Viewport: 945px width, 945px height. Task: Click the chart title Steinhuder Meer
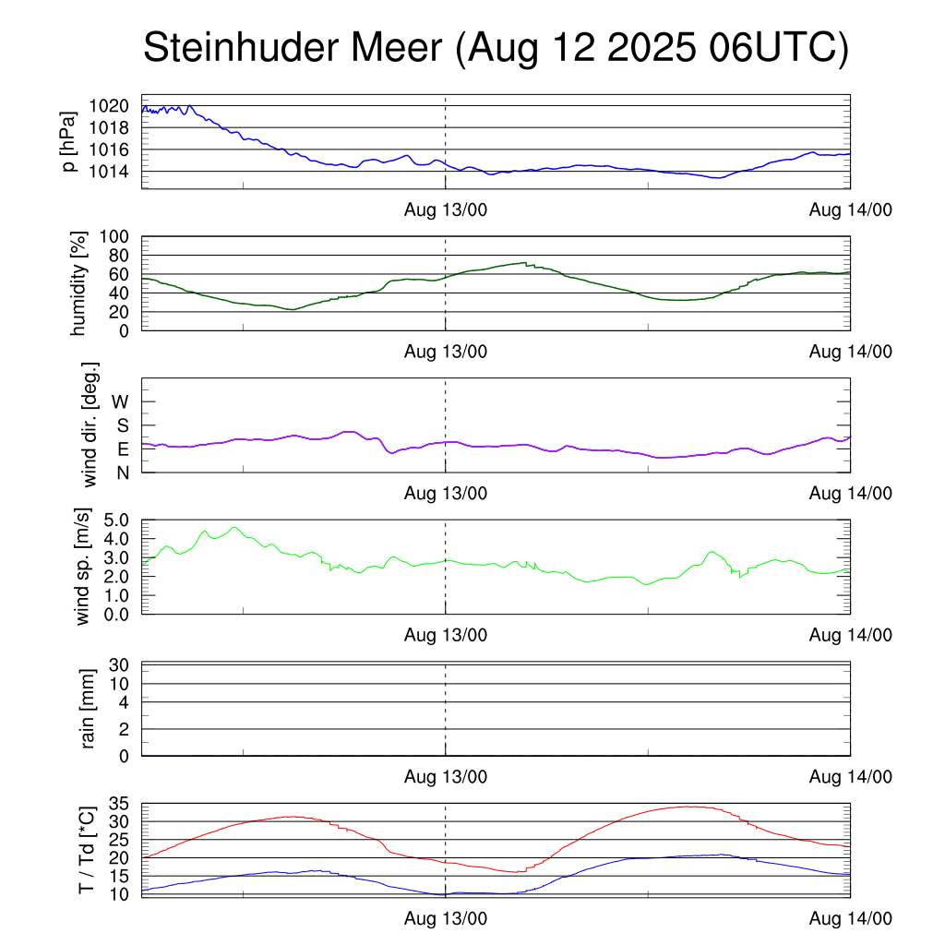pyautogui.click(x=495, y=49)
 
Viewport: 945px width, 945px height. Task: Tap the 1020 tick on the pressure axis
pyautogui.click(x=110, y=105)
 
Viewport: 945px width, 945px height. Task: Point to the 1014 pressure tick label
pyautogui.click(x=110, y=172)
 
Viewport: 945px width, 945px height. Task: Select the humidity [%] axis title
pyautogui.click(x=79, y=284)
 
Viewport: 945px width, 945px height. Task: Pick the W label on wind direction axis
pyautogui.click(x=121, y=401)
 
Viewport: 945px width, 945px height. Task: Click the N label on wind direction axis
pyautogui.click(x=122, y=472)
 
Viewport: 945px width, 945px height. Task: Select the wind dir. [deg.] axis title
pyautogui.click(x=90, y=425)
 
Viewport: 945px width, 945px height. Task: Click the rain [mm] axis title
pyautogui.click(x=90, y=709)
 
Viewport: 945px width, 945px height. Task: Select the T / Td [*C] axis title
pyautogui.click(x=86, y=849)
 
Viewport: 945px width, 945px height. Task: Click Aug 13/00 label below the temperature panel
pyautogui.click(x=446, y=918)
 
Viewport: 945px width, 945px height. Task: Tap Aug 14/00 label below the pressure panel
pyautogui.click(x=850, y=210)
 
